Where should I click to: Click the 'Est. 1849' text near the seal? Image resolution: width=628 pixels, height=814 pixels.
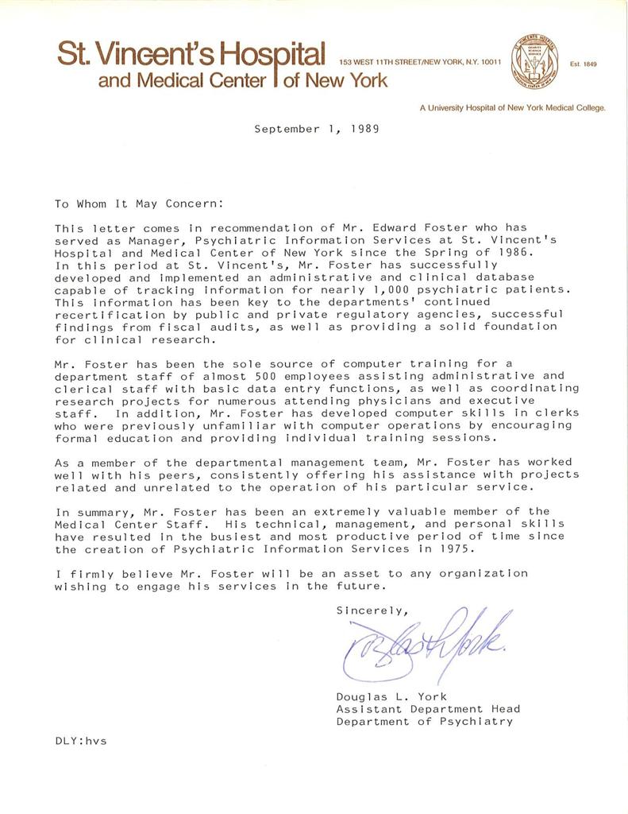pyautogui.click(x=584, y=64)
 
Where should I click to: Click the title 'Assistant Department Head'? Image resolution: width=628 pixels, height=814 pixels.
pyautogui.click(x=428, y=709)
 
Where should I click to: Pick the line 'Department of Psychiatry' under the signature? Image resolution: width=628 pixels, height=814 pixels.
pyautogui.click(x=424, y=722)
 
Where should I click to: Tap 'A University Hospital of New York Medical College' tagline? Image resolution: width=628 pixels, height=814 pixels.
pyautogui.click(x=513, y=107)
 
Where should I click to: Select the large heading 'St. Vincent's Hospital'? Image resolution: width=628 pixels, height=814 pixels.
pyautogui.click(x=191, y=54)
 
